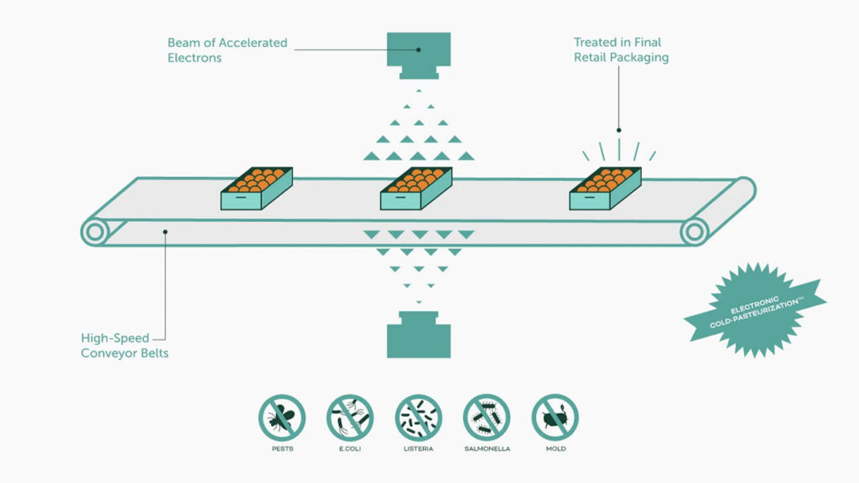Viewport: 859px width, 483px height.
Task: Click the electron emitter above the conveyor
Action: tap(419, 52)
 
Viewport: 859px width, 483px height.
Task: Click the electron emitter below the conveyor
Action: tap(419, 336)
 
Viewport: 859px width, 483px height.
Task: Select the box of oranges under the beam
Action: tap(416, 190)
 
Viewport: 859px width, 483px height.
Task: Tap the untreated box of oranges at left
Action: tap(257, 190)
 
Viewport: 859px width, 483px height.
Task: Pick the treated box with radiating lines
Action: tap(605, 190)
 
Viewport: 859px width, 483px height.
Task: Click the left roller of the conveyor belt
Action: tap(95, 231)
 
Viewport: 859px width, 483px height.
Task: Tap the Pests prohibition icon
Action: tap(282, 417)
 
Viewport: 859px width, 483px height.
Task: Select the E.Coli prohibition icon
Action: tap(350, 417)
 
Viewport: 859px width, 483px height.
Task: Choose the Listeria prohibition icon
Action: tap(419, 417)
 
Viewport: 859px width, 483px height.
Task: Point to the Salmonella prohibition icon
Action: tap(487, 417)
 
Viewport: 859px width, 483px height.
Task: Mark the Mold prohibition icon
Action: tap(554, 417)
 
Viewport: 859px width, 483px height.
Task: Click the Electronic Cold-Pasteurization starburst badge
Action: tap(753, 309)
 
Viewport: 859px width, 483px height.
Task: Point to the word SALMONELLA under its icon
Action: tap(487, 449)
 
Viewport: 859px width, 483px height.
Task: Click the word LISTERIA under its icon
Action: tap(419, 449)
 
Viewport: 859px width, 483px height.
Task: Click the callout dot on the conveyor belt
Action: tap(166, 231)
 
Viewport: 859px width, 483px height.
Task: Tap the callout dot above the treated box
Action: tap(619, 130)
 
